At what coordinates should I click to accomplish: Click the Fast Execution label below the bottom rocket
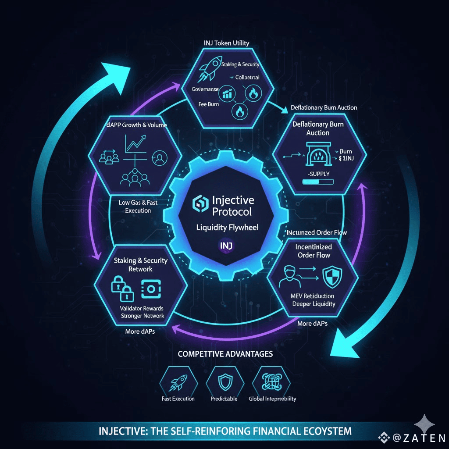tap(178, 399)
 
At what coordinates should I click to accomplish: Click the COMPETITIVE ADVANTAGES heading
tap(225, 353)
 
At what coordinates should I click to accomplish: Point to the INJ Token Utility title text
tap(226, 43)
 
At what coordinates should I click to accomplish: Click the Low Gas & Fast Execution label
tap(138, 207)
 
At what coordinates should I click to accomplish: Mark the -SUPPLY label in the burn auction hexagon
tap(316, 174)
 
